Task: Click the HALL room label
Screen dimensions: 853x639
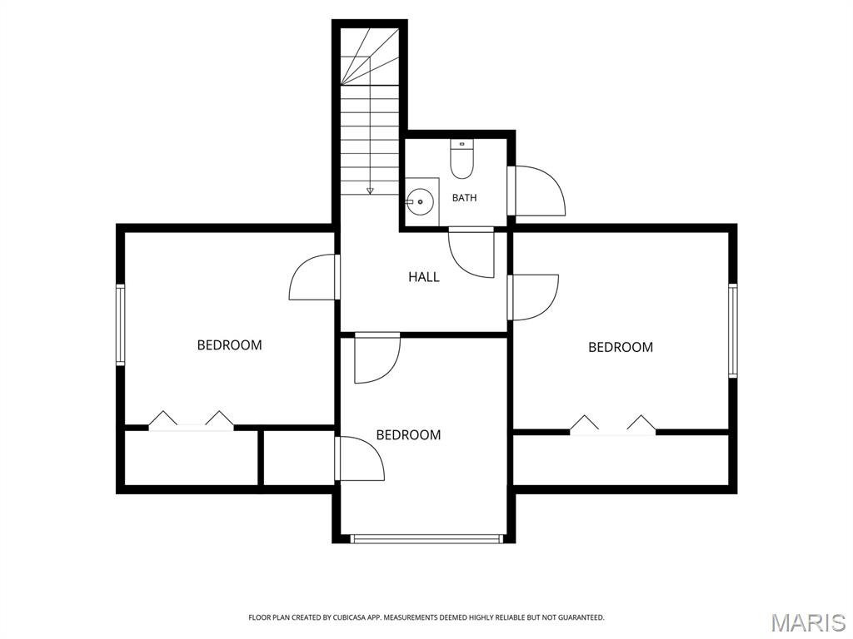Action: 424,277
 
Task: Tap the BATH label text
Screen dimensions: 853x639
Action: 465,198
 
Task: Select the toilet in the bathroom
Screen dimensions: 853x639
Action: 461,159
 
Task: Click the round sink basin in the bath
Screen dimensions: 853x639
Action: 420,201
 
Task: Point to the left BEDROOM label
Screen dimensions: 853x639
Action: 229,345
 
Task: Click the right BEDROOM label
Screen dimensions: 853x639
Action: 621,347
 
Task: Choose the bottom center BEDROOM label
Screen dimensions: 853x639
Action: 408,434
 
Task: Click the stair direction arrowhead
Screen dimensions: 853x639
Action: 370,191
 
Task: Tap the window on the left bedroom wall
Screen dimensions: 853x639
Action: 120,324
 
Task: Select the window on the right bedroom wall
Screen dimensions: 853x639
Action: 733,330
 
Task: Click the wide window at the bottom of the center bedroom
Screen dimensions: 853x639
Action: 426,539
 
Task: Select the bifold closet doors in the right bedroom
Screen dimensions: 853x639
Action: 612,425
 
